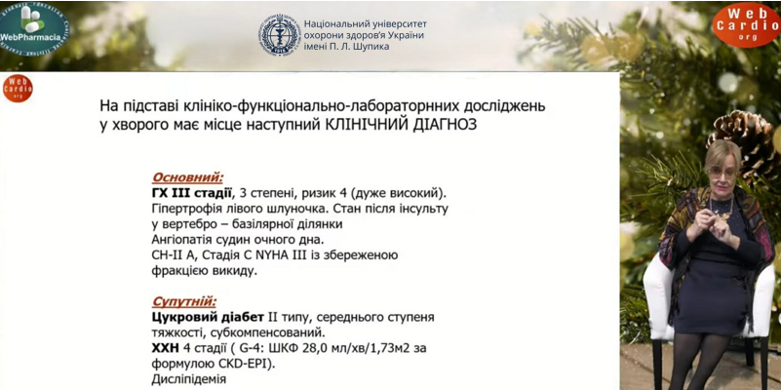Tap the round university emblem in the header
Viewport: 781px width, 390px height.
click(x=279, y=34)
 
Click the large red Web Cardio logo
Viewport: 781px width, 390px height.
click(x=745, y=23)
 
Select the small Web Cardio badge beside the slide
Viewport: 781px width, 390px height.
click(x=18, y=88)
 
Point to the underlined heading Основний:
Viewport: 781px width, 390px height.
click(x=187, y=177)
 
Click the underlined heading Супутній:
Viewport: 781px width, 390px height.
click(x=184, y=302)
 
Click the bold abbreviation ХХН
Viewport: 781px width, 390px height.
click(x=167, y=348)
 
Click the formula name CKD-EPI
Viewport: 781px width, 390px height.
click(x=245, y=364)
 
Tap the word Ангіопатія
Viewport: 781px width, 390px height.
click(x=185, y=240)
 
